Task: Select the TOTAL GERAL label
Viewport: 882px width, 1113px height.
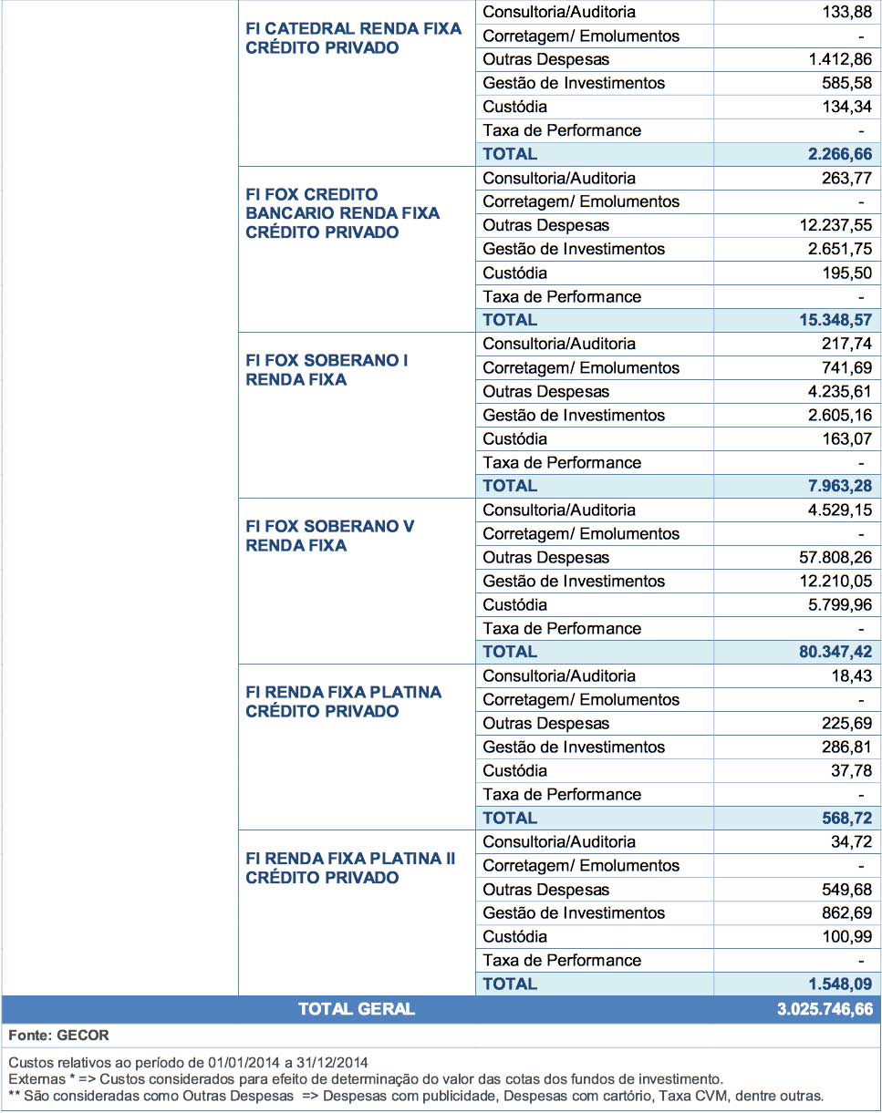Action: point(356,1009)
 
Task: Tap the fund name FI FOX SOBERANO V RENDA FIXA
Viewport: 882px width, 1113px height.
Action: point(330,536)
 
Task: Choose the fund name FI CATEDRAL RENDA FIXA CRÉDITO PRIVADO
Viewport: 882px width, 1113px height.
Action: point(354,38)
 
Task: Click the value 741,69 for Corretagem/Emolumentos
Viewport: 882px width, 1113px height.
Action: point(847,367)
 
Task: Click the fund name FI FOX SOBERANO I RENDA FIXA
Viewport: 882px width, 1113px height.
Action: point(327,370)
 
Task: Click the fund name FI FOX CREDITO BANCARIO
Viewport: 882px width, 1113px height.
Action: point(343,213)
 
